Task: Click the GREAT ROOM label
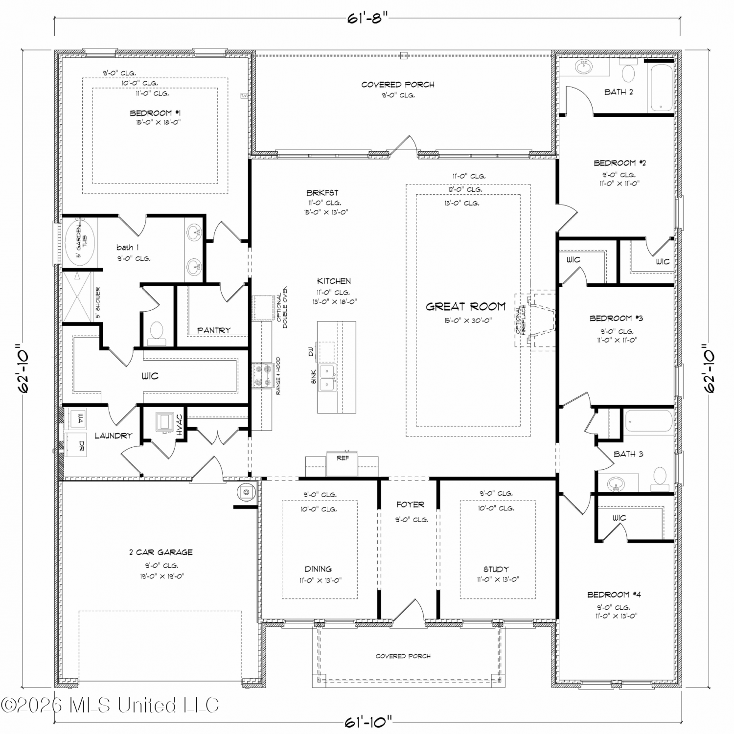(465, 307)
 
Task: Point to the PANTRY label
(214, 330)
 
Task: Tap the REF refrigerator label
(343, 458)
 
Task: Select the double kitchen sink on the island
(327, 377)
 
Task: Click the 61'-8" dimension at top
(367, 19)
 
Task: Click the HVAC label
(180, 425)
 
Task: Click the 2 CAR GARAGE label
(161, 552)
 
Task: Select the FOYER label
(410, 505)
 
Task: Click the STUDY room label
(496, 569)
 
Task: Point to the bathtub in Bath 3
(649, 422)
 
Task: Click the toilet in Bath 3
(660, 478)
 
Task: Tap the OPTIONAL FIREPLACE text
(521, 321)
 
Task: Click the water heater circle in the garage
(246, 492)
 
